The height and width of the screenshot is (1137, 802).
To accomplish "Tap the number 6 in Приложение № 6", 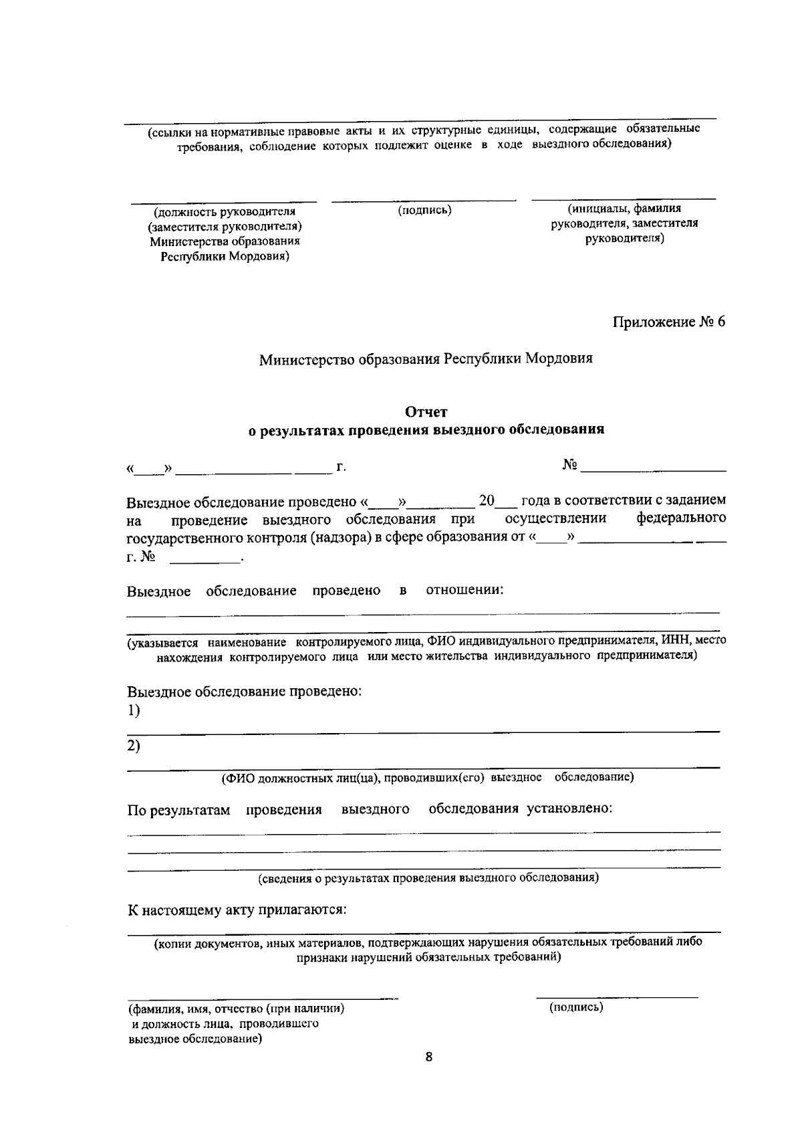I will click(720, 322).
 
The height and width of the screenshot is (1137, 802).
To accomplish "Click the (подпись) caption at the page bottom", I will click(576, 1007).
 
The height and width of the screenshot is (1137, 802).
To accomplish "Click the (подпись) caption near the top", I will click(425, 211).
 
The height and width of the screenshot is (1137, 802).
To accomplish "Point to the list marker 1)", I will click(134, 711).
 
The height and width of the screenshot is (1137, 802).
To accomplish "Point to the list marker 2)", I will click(134, 746).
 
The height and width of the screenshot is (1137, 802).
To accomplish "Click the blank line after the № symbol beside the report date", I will click(653, 470).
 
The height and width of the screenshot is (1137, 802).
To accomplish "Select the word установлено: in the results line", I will click(569, 809).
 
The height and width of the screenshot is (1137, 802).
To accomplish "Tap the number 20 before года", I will click(487, 500).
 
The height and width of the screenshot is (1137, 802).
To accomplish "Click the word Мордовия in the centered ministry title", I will click(559, 358).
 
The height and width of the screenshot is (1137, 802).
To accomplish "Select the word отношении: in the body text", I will click(465, 590).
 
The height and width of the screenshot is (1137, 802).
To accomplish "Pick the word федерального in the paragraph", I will click(681, 519).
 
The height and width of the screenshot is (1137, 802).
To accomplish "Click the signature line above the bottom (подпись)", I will click(616, 997).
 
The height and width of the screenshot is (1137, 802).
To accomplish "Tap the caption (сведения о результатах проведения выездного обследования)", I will click(428, 878).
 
